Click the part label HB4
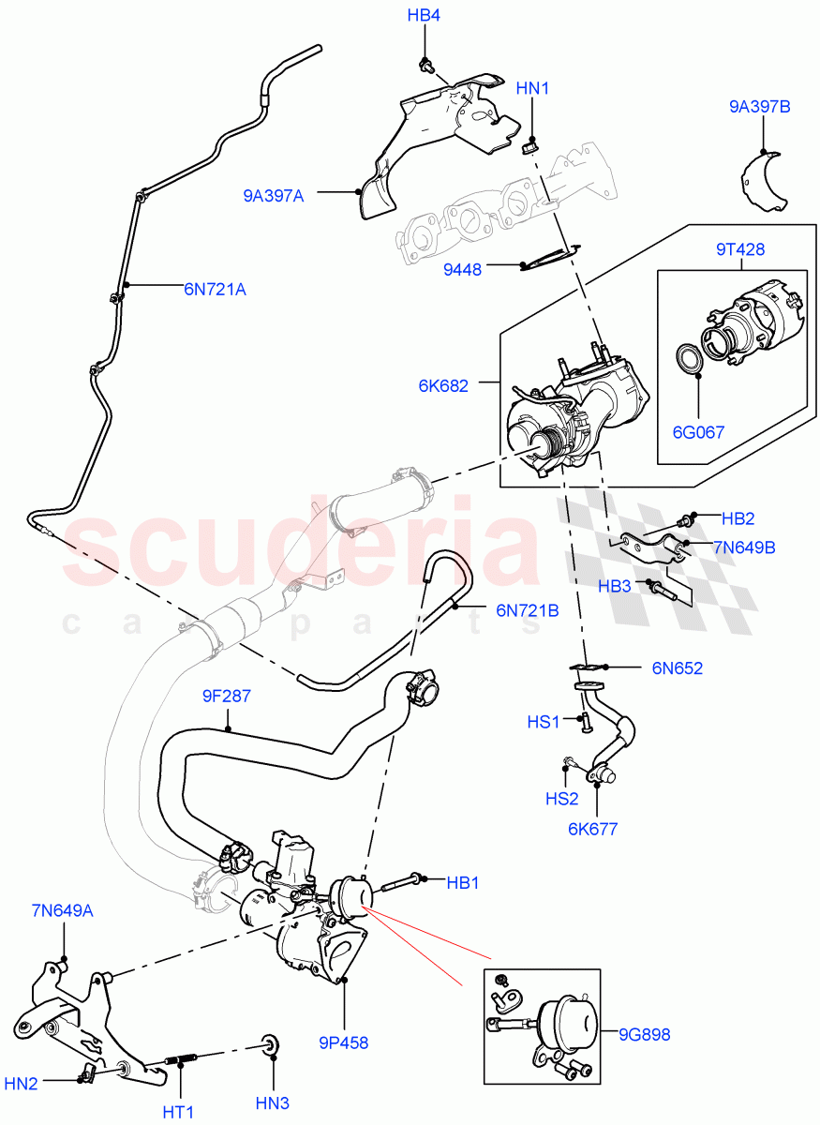pyautogui.click(x=424, y=16)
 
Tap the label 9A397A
pyautogui.click(x=274, y=195)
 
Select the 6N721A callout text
pyautogui.click(x=215, y=289)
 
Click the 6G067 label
pyautogui.click(x=698, y=432)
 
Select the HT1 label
pyautogui.click(x=178, y=1112)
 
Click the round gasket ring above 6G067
pyautogui.click(x=692, y=359)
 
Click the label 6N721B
pyautogui.click(x=527, y=610)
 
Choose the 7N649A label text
pyautogui.click(x=63, y=909)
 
